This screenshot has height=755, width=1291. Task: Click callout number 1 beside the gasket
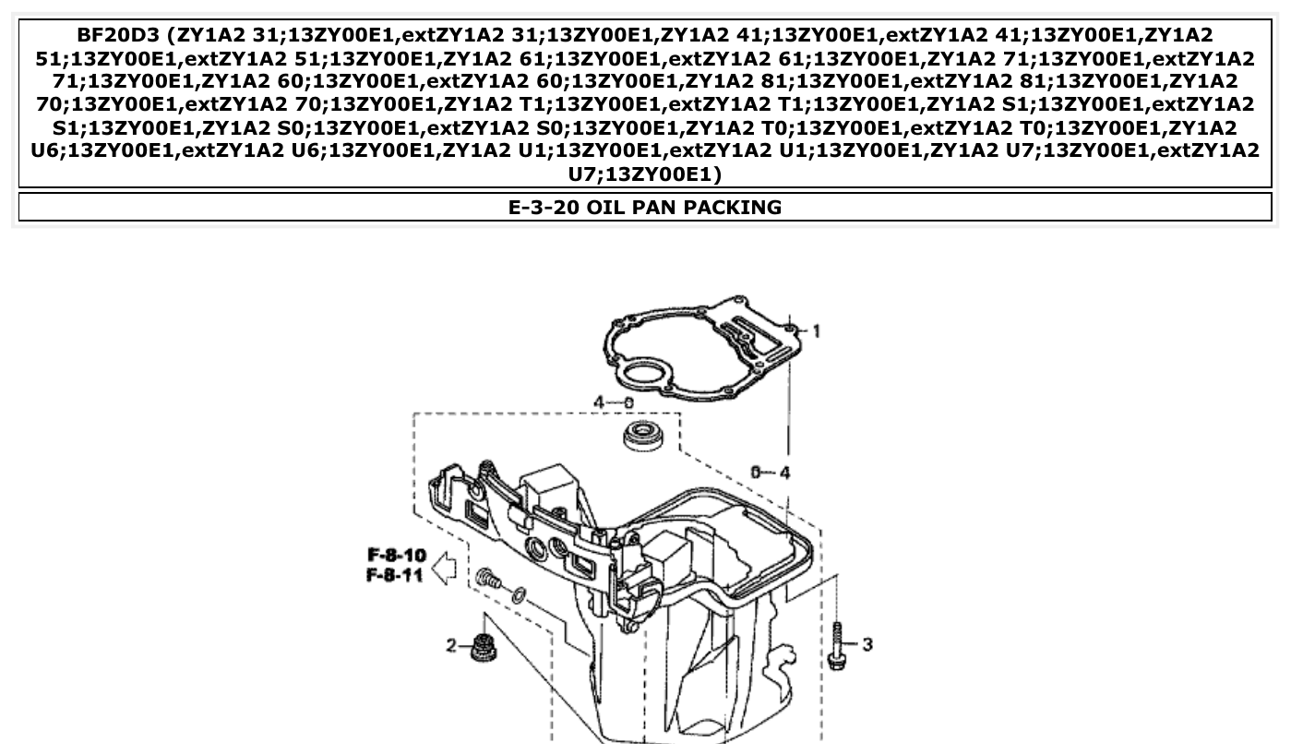coord(816,330)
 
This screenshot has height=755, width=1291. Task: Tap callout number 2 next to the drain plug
coord(452,645)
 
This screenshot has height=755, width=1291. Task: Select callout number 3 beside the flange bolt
coord(867,644)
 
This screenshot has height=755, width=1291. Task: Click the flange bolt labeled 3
coord(837,645)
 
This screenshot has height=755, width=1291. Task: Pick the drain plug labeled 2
coord(480,647)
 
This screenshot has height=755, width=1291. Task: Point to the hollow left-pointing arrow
coord(444,566)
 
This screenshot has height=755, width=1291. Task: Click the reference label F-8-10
coord(397,556)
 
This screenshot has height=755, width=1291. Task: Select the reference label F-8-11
coord(397,576)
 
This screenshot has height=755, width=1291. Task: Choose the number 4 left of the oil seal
coord(599,402)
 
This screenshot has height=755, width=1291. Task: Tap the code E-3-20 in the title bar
coord(544,208)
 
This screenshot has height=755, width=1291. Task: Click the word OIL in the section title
coord(606,208)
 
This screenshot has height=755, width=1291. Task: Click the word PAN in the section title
coord(656,208)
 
